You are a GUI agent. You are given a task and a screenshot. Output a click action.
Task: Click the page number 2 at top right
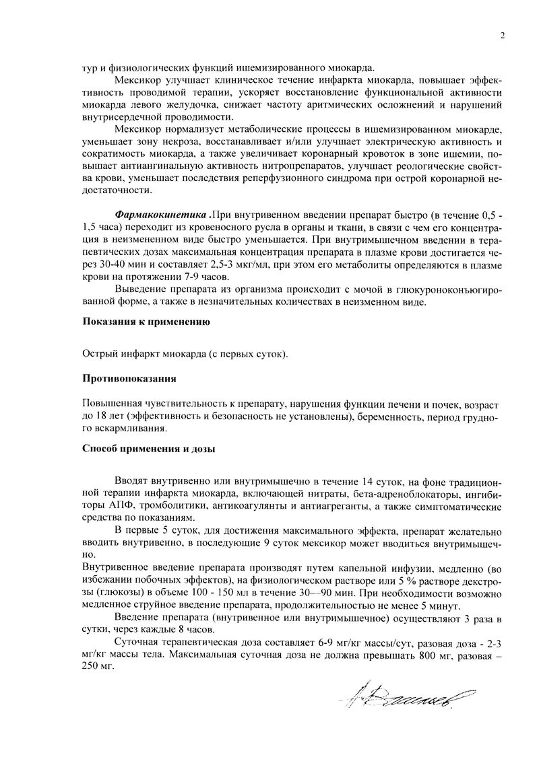[x=503, y=36]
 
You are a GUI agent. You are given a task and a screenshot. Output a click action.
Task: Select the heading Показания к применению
[x=146, y=322]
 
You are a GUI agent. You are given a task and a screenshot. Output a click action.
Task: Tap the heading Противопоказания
[x=129, y=379]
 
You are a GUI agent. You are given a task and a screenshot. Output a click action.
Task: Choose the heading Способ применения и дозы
[x=149, y=449]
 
